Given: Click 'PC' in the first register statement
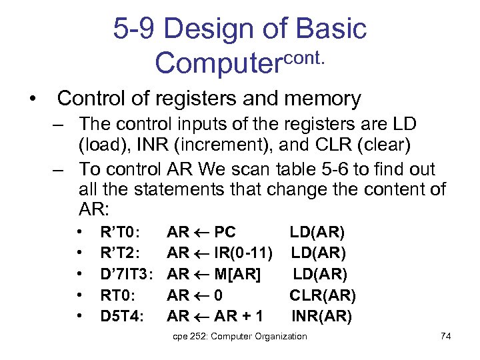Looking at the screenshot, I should click(x=225, y=233).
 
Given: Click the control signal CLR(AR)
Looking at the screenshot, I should click(x=322, y=295).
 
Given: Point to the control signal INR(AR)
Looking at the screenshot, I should click(x=321, y=315).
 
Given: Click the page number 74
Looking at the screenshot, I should click(x=446, y=336).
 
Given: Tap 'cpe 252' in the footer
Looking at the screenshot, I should click(x=187, y=336).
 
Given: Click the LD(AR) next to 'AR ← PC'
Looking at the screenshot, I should click(x=317, y=233).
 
